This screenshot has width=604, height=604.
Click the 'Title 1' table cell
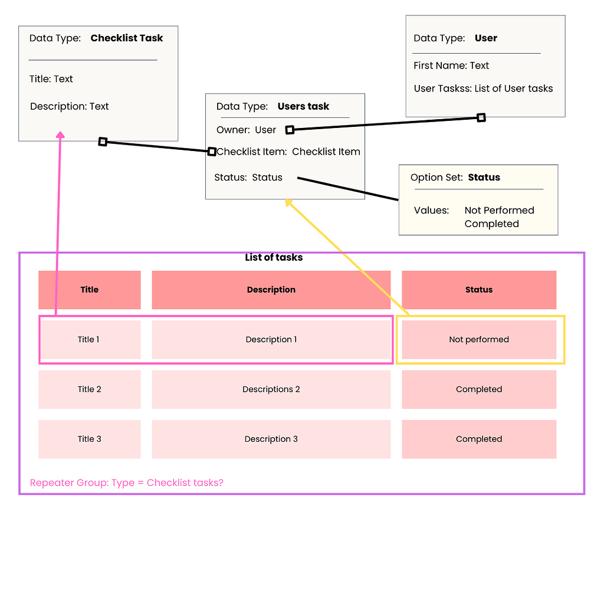[x=89, y=339]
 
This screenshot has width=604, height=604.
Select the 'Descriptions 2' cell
[x=271, y=389]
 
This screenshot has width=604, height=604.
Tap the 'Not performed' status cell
[x=478, y=339]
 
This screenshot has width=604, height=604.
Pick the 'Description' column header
[x=271, y=290]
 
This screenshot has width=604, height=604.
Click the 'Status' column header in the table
[x=478, y=290]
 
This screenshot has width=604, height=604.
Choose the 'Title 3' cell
[x=89, y=439]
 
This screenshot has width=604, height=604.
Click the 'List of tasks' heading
[x=274, y=257]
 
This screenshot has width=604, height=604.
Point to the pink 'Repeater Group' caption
[x=126, y=482]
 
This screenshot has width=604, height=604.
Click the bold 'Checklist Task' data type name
[x=126, y=38]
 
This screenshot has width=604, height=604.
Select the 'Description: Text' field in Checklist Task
[x=70, y=106]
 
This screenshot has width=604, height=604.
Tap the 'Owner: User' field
[x=246, y=130]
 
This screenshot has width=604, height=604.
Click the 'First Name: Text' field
[x=451, y=65]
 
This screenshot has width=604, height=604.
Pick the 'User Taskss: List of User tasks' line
[x=483, y=88]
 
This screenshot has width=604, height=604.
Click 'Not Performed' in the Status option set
[x=499, y=210]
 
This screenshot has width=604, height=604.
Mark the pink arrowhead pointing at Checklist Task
[x=60, y=135]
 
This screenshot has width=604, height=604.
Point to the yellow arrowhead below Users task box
[x=288, y=202]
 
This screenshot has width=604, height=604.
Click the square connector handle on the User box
[x=481, y=118]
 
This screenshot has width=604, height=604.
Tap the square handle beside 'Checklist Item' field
[x=212, y=152]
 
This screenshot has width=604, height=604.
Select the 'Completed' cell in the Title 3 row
[x=478, y=439]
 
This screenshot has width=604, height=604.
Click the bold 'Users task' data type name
[x=303, y=106]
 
